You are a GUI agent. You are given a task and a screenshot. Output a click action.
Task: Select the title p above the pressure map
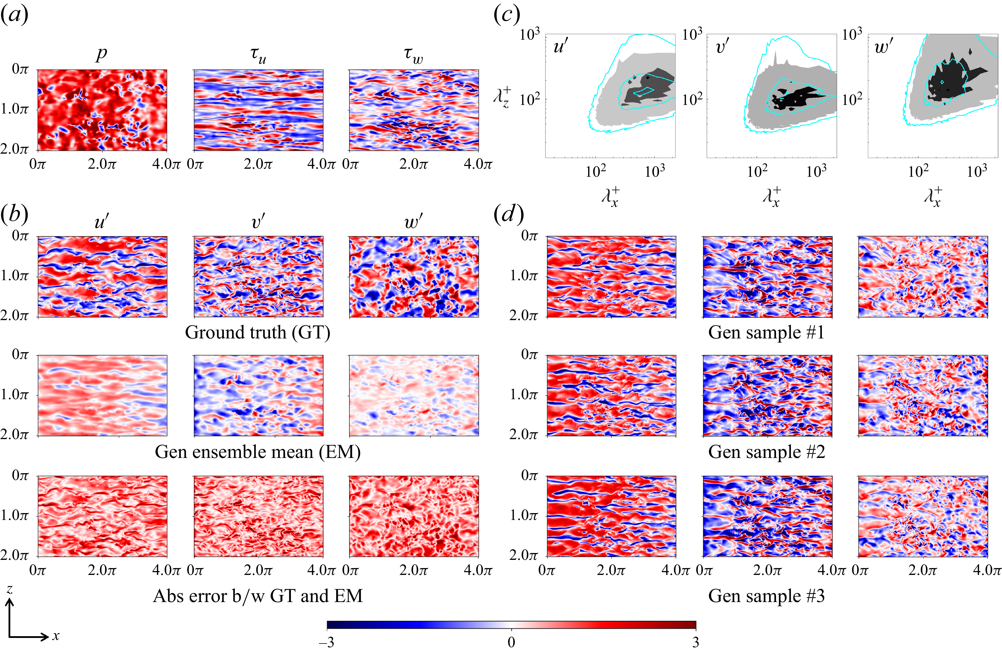tap(101, 54)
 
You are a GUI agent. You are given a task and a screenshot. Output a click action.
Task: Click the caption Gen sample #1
tap(766, 332)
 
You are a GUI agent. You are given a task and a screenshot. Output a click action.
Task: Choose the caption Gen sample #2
tap(766, 452)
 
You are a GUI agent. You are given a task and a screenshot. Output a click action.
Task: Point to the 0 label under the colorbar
tap(511, 642)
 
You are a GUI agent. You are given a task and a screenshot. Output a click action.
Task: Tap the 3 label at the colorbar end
tap(695, 642)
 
